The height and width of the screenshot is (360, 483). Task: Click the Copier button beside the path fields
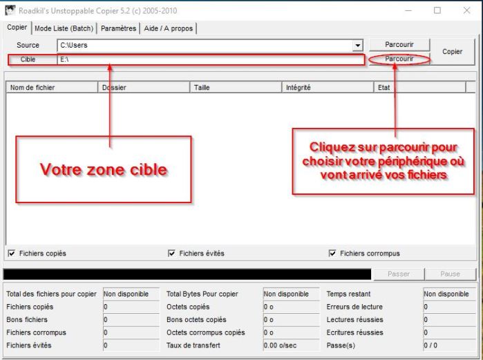(x=452, y=52)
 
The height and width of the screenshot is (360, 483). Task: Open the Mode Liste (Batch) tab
(x=64, y=28)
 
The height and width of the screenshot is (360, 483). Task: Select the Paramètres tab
(x=118, y=28)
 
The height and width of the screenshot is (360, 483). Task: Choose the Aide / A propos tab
(x=169, y=28)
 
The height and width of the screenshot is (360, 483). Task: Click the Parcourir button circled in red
(x=399, y=59)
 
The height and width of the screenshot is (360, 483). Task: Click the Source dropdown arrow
(x=358, y=46)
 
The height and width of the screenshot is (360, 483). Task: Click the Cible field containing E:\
(x=211, y=59)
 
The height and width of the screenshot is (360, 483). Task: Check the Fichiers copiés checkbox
(x=11, y=254)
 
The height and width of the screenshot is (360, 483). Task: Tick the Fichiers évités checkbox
(x=171, y=254)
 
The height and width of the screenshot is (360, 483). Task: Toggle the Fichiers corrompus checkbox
(x=332, y=254)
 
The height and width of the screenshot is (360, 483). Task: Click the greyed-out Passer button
(x=399, y=274)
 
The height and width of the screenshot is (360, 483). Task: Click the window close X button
(x=464, y=10)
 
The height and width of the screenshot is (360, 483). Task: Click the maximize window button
(x=437, y=10)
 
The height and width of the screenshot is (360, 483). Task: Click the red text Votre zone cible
(x=103, y=169)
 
